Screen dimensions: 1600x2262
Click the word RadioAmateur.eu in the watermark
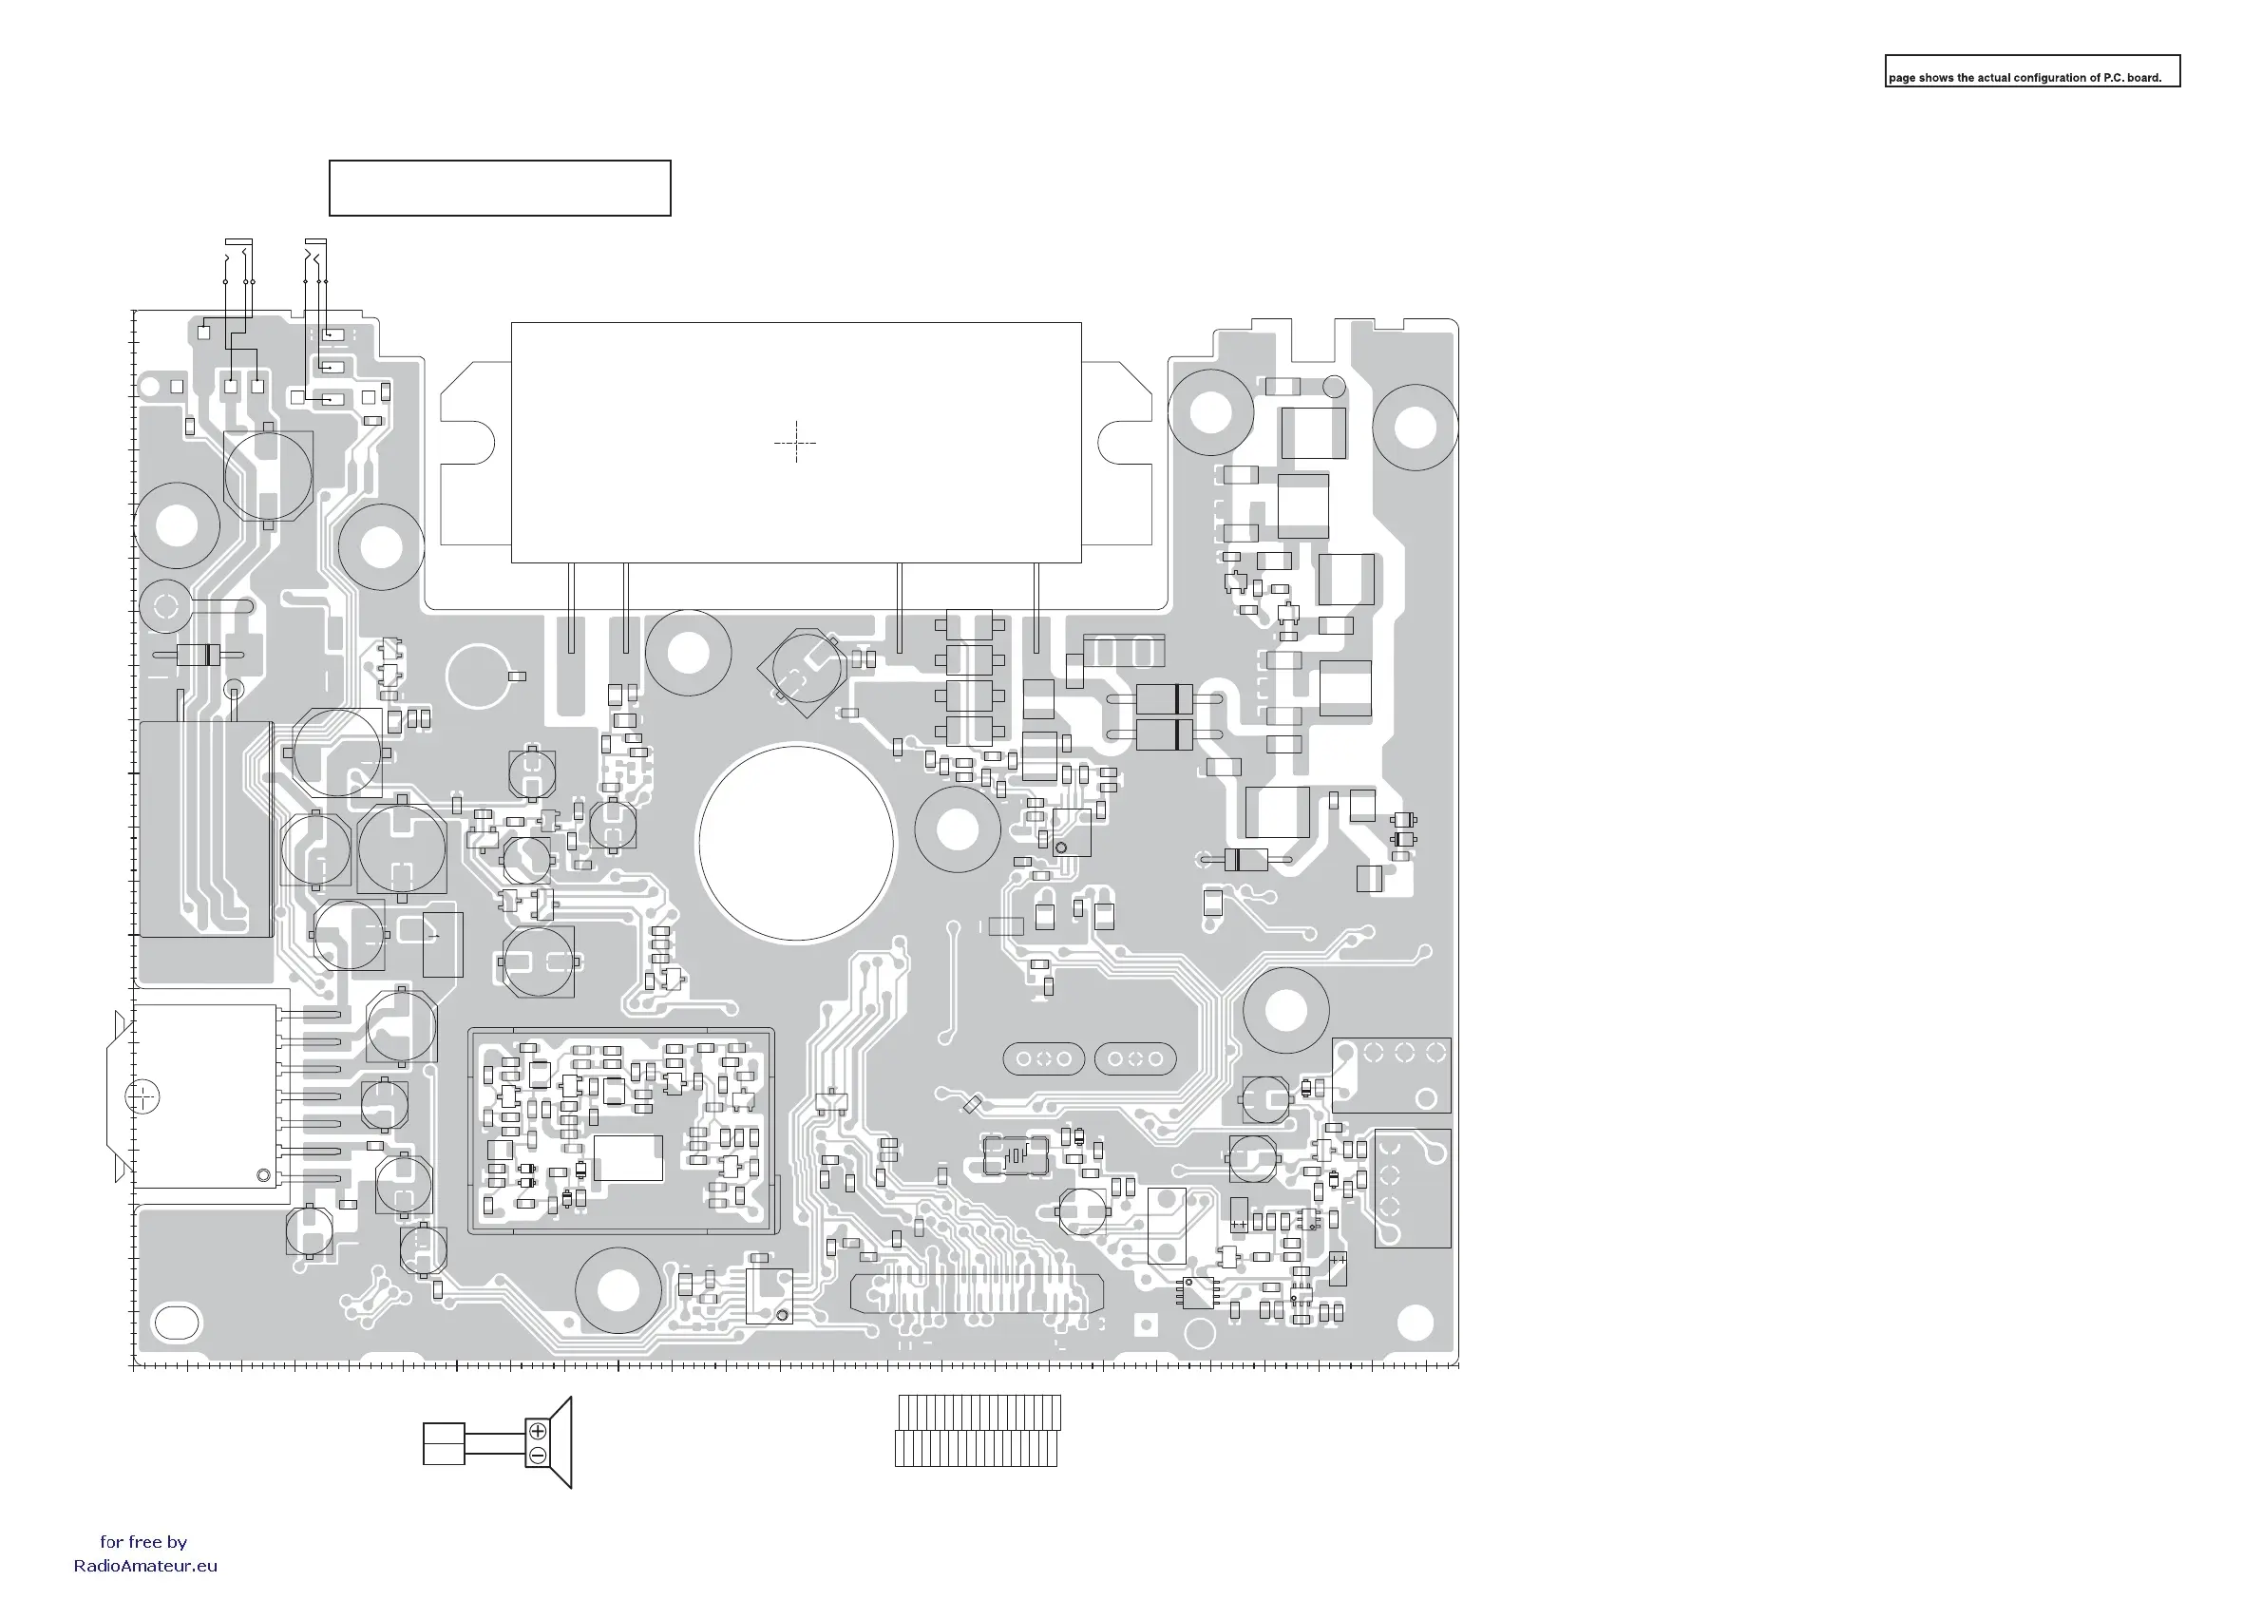[145, 1566]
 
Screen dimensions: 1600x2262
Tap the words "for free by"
[143, 1542]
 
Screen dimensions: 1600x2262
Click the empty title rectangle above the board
[500, 188]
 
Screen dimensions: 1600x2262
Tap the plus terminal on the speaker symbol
[538, 1431]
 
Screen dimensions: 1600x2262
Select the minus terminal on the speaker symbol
[538, 1456]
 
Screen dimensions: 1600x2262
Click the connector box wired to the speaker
[444, 1443]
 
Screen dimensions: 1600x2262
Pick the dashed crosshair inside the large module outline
[795, 444]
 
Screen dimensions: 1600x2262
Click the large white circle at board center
[796, 843]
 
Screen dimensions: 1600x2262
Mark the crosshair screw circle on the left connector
[143, 1096]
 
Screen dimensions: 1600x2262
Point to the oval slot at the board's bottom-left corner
[179, 1321]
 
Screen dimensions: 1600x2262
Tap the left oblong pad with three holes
[1043, 1059]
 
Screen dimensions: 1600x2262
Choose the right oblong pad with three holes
[1135, 1059]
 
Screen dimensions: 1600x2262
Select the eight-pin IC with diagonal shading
[1199, 1291]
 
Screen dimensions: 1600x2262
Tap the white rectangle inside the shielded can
[628, 1157]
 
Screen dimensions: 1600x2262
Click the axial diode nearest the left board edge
[199, 656]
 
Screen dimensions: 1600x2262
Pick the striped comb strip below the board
[978, 1431]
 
